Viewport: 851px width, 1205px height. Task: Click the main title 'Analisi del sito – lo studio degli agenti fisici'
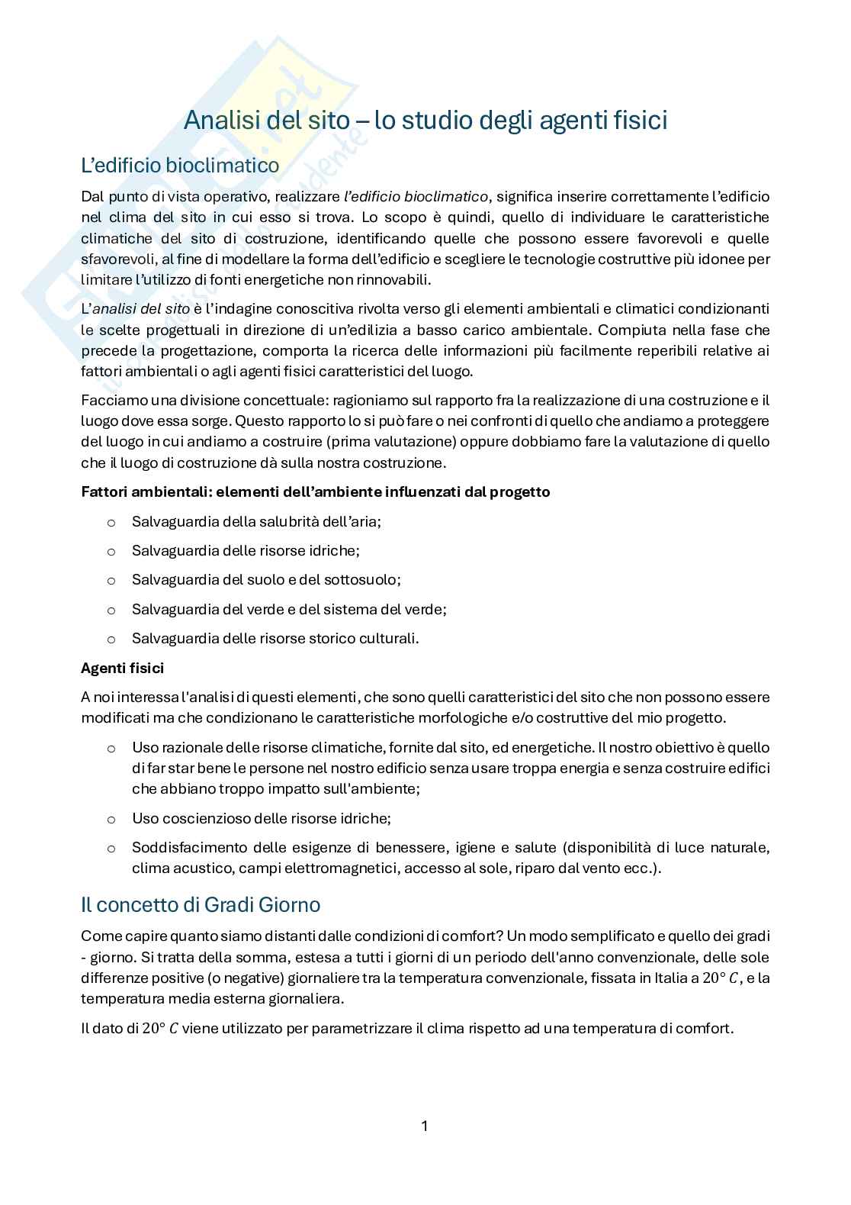point(425,120)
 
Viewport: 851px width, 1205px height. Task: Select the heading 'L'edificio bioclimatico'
point(180,165)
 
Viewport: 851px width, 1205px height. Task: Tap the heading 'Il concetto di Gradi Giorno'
point(201,904)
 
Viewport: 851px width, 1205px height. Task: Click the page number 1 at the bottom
point(425,1126)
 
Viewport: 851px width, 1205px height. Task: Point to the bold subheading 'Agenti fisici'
point(122,668)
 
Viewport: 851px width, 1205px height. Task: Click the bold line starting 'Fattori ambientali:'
point(315,491)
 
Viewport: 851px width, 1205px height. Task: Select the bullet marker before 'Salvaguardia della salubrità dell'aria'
point(111,522)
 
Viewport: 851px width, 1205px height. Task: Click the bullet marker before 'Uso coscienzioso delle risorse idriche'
point(111,819)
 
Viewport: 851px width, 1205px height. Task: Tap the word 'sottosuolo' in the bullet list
point(364,580)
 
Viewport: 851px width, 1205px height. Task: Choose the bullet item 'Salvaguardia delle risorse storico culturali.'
point(275,638)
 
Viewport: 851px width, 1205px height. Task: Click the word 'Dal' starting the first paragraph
point(92,196)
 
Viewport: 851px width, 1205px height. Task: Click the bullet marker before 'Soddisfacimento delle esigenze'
point(111,848)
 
